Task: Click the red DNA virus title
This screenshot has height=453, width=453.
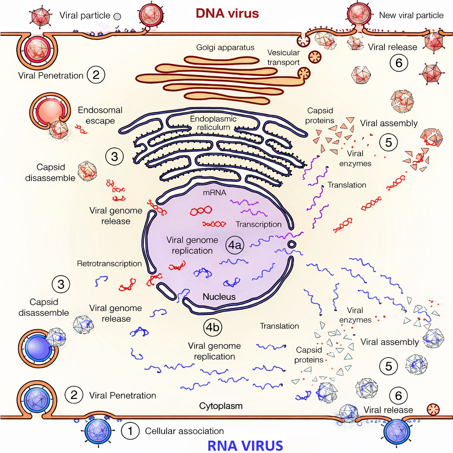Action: click(227, 13)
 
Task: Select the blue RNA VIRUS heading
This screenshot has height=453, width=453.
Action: click(245, 445)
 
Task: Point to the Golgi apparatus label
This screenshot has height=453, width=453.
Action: click(225, 47)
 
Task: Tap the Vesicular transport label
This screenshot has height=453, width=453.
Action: click(284, 58)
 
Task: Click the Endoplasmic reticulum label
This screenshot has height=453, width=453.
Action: click(213, 123)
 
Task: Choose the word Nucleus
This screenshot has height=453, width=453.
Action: click(219, 297)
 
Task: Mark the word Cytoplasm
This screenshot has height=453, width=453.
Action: click(221, 406)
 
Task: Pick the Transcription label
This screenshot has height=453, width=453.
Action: click(258, 224)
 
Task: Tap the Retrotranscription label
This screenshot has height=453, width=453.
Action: click(109, 264)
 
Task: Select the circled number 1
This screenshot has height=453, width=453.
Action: click(130, 430)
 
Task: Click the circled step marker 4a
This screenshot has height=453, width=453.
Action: click(234, 246)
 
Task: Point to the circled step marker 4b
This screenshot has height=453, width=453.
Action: click(213, 327)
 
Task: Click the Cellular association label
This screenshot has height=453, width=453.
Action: click(184, 431)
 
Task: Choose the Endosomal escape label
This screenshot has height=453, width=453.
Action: click(100, 115)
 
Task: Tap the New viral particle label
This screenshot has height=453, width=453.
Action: click(411, 15)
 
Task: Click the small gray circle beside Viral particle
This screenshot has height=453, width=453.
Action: click(117, 16)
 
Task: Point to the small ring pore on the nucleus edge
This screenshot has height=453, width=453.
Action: click(292, 245)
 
